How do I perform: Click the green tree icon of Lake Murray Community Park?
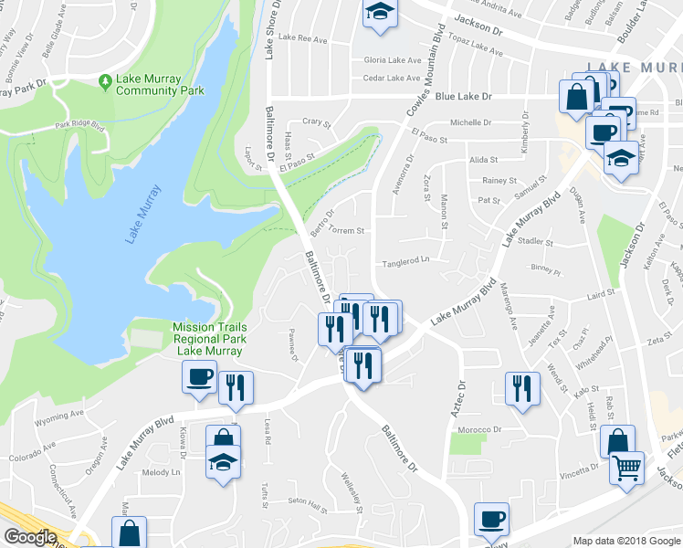(106, 81)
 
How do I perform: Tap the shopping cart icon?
(626, 469)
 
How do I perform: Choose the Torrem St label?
(346, 231)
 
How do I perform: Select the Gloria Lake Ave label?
(392, 60)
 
